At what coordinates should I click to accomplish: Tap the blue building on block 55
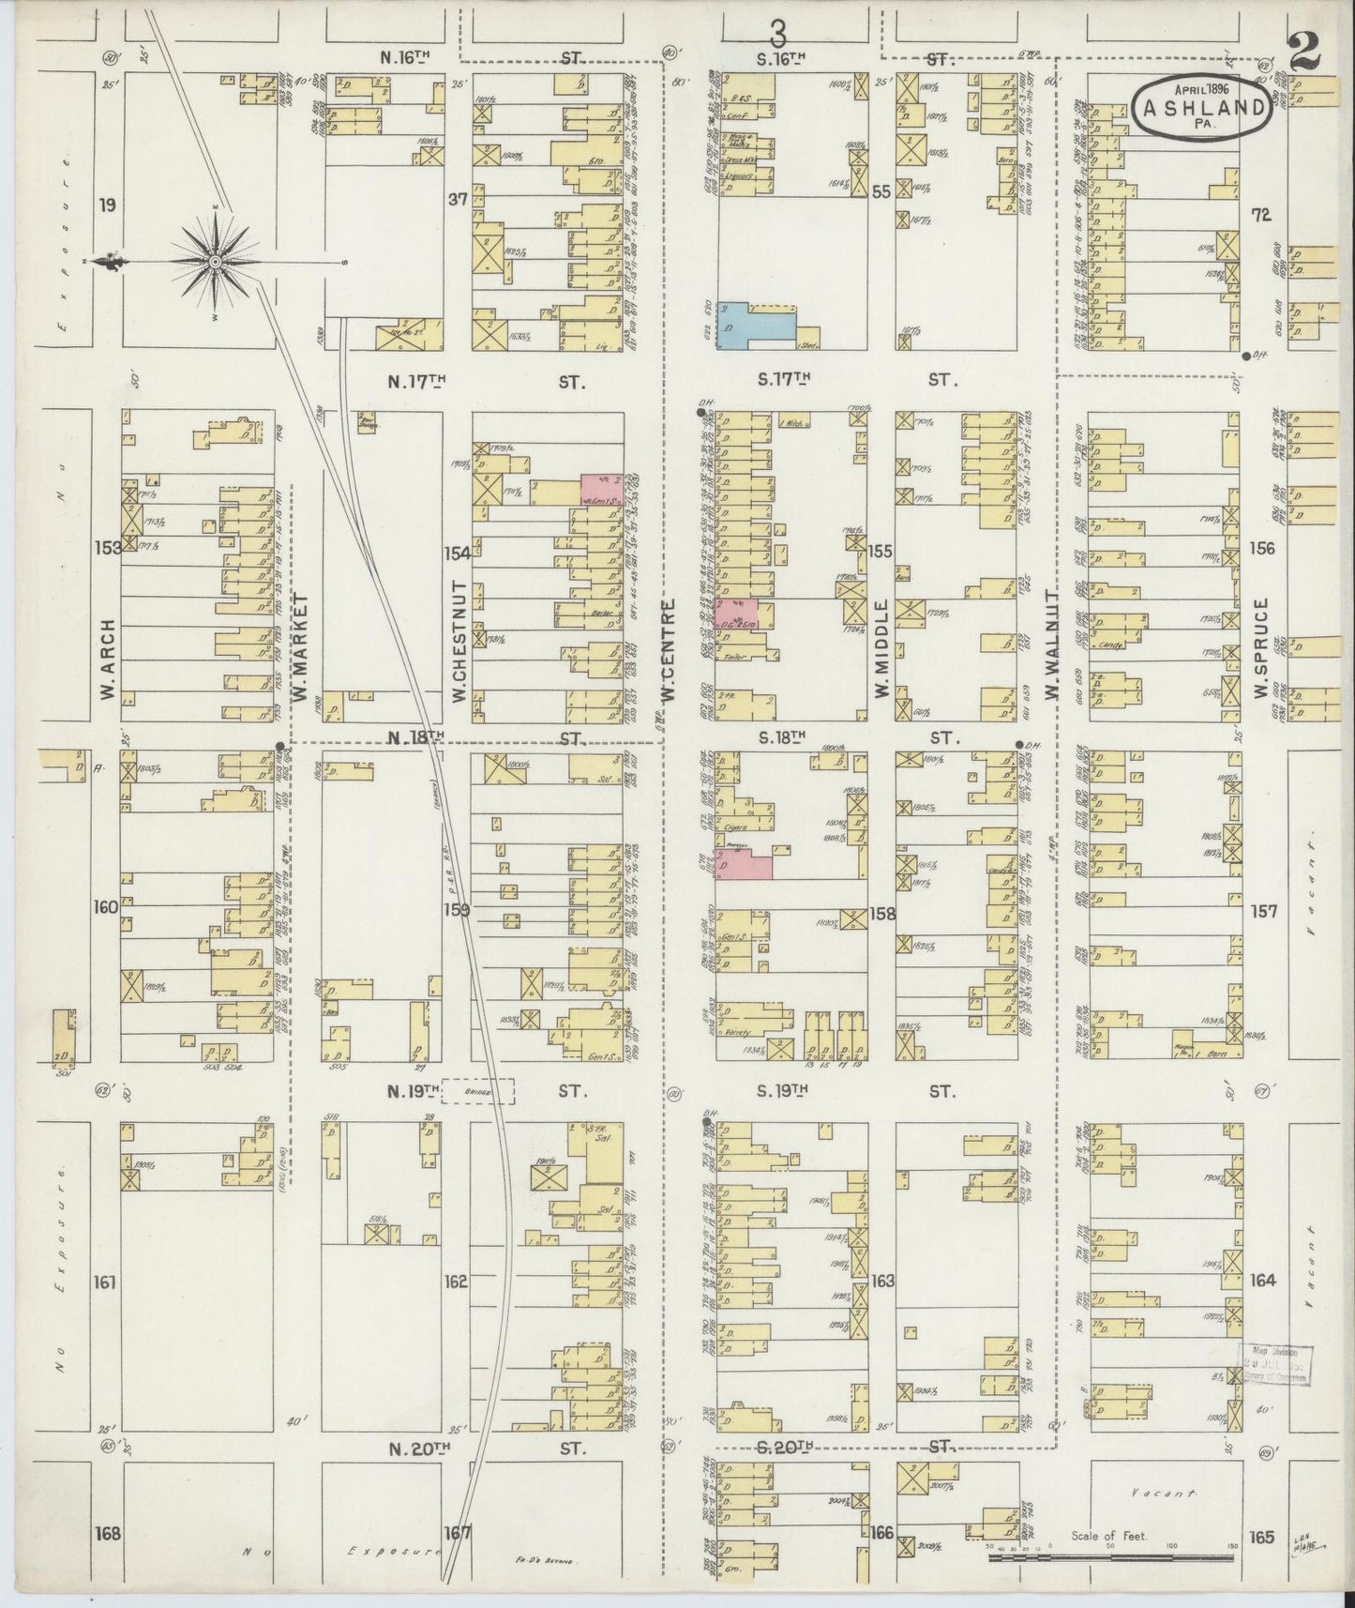coord(755,325)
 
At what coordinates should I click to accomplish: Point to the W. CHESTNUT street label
coord(459,647)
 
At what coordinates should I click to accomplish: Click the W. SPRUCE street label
coord(1261,646)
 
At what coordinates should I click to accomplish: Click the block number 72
coord(1261,215)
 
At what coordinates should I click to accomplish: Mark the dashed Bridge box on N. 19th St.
coord(478,1091)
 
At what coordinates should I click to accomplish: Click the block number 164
coord(1262,1281)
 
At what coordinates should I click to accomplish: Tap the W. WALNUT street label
coord(1051,646)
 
